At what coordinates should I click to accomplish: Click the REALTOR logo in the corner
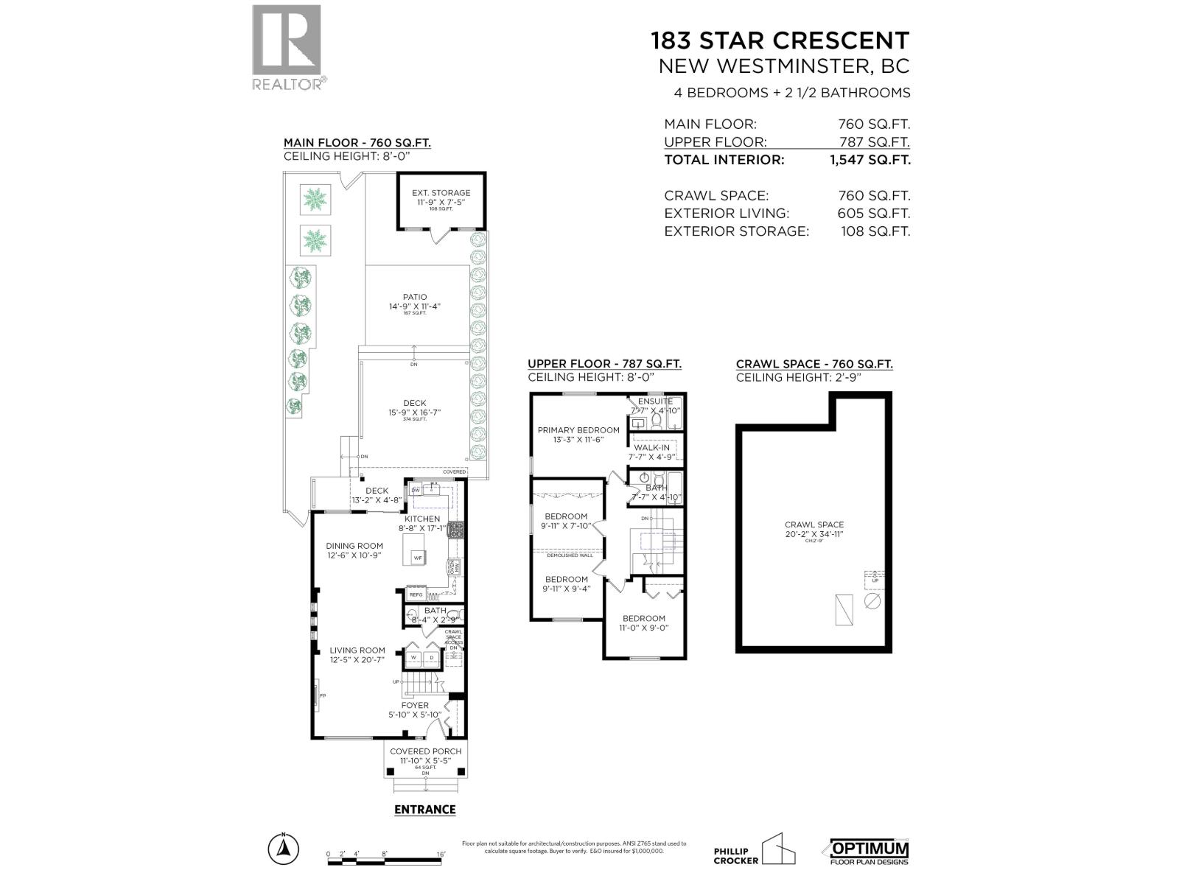pyautogui.click(x=287, y=46)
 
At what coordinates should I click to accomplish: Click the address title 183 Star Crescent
pyautogui.click(x=780, y=40)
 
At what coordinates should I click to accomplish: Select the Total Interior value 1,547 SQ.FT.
pyautogui.click(x=870, y=160)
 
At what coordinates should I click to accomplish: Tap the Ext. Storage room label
pyautogui.click(x=441, y=193)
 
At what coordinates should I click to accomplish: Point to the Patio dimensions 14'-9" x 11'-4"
pyautogui.click(x=415, y=306)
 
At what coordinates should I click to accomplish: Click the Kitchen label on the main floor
pyautogui.click(x=421, y=519)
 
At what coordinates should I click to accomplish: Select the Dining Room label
pyautogui.click(x=354, y=546)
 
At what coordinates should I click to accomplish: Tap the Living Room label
pyautogui.click(x=357, y=650)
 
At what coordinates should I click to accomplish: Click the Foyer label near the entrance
pyautogui.click(x=415, y=705)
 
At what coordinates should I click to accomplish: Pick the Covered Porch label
pyautogui.click(x=425, y=751)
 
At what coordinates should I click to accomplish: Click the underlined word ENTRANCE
pyautogui.click(x=424, y=810)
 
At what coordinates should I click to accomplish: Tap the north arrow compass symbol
pyautogui.click(x=282, y=850)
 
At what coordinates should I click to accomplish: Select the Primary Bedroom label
pyautogui.click(x=578, y=430)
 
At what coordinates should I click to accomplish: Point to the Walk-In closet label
pyautogui.click(x=651, y=448)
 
